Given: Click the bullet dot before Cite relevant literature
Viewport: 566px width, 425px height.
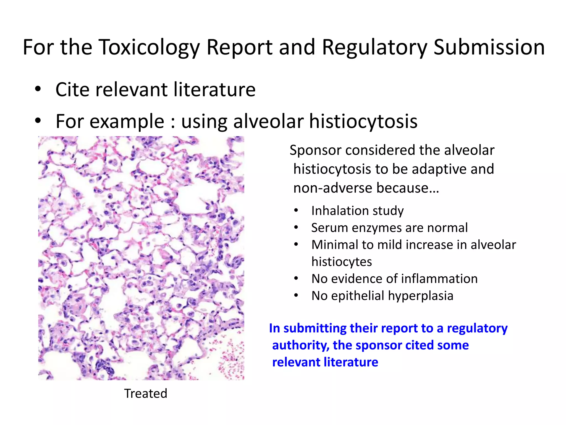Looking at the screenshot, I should (x=38, y=89).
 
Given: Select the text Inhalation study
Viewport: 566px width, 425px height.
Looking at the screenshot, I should (x=357, y=211).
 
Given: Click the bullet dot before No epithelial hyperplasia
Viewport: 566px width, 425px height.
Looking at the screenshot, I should (x=296, y=296).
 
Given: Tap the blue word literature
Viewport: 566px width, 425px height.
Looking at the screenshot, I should (x=351, y=362).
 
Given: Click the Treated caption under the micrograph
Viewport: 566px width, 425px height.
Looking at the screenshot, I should (x=146, y=393).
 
